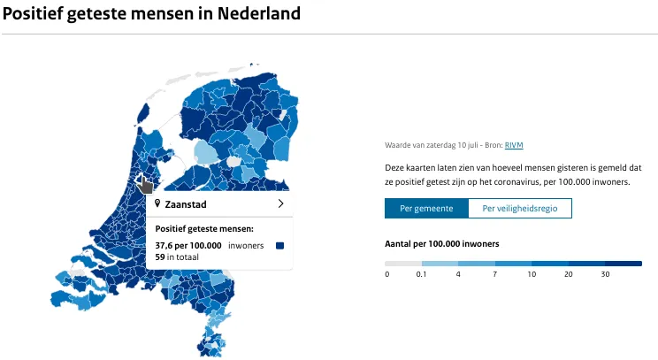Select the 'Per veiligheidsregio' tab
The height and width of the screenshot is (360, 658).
(520, 209)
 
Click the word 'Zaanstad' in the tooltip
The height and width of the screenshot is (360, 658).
(187, 204)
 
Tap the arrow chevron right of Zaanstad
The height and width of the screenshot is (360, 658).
(280, 203)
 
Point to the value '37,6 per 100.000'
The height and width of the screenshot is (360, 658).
(188, 245)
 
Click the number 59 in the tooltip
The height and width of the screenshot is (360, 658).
(160, 257)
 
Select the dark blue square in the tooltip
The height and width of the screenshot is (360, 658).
(280, 245)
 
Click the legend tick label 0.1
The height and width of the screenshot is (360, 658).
(421, 274)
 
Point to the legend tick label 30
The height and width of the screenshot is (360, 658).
(604, 274)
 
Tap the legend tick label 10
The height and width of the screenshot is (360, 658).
(531, 274)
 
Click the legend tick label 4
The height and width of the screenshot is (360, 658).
(458, 274)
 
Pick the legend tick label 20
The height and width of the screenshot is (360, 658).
(568, 274)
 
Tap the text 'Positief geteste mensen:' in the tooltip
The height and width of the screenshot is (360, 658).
(204, 229)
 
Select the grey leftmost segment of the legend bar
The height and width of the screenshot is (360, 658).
(403, 263)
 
